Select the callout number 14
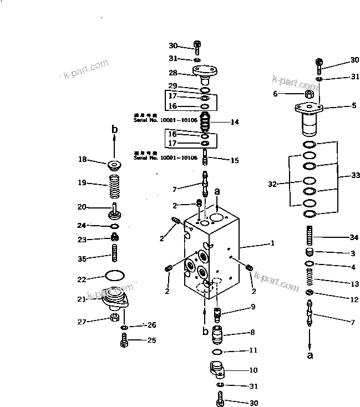click(235, 121)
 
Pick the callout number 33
click(355, 175)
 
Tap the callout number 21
click(82, 299)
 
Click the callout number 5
click(354, 105)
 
